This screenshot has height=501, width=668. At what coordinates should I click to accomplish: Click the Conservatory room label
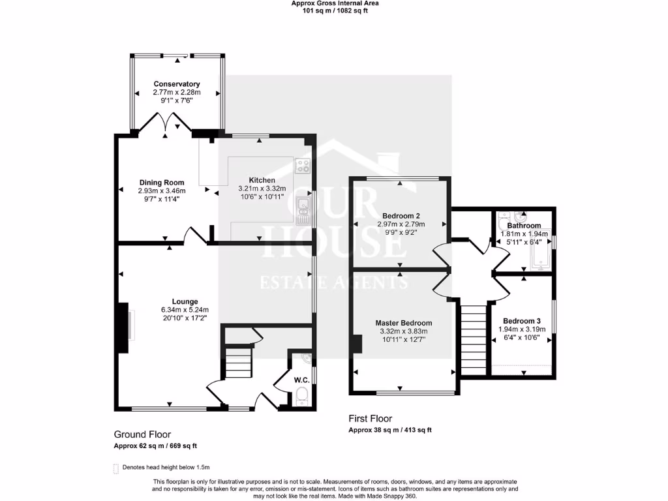pos(176,84)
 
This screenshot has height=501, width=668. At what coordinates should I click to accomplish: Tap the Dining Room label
pos(161,183)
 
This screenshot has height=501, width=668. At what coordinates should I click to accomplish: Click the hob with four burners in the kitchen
pos(303,166)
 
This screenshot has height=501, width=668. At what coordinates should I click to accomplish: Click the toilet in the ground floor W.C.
pos(301,395)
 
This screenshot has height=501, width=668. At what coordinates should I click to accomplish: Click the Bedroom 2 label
pos(401,215)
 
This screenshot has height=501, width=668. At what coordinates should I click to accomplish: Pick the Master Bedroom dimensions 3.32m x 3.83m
pos(403,331)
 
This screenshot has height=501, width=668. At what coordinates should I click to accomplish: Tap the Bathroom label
pos(524,226)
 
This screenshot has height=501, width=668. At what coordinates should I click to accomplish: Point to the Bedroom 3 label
pos(521,321)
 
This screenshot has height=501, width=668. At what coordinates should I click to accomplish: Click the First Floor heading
pos(371,419)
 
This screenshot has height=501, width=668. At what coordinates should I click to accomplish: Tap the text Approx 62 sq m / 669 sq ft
pos(155,446)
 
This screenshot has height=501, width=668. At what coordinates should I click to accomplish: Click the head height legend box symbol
pos(115,468)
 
